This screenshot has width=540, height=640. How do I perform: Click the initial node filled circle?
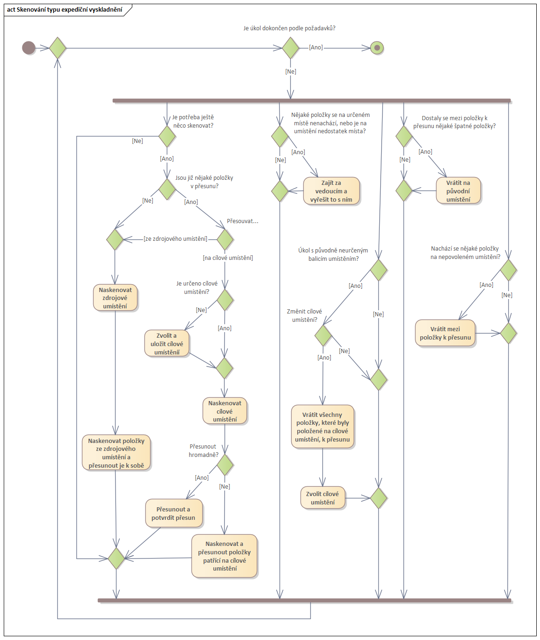click(29, 48)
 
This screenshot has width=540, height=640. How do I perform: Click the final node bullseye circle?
click(377, 48)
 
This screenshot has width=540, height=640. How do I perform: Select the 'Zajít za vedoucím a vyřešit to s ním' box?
click(331, 191)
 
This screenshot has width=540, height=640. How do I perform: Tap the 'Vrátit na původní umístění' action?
click(458, 191)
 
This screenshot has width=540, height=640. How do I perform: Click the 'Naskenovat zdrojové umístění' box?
click(115, 298)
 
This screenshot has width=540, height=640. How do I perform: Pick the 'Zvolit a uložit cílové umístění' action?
click(167, 344)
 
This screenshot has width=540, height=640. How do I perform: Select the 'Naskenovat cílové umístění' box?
click(225, 411)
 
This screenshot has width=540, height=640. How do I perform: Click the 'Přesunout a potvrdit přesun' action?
click(173, 513)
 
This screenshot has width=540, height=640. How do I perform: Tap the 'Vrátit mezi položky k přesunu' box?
click(445, 333)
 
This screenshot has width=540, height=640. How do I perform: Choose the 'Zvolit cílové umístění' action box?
click(322, 498)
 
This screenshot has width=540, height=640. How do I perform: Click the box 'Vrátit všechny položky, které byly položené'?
click(322, 427)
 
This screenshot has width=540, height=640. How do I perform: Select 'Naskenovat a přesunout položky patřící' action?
click(224, 556)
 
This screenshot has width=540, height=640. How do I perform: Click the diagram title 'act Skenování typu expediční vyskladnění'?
click(65, 9)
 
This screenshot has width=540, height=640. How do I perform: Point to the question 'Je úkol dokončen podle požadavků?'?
click(289, 28)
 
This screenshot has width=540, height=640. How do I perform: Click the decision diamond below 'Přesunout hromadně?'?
click(225, 464)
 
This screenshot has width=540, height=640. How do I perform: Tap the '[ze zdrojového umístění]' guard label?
click(176, 238)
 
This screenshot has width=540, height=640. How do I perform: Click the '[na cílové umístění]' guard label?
click(228, 258)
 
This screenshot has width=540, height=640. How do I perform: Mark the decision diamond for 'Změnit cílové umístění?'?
click(323, 335)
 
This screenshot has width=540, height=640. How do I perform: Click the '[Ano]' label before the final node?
click(316, 48)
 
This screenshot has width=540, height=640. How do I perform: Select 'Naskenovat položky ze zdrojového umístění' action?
click(116, 453)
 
